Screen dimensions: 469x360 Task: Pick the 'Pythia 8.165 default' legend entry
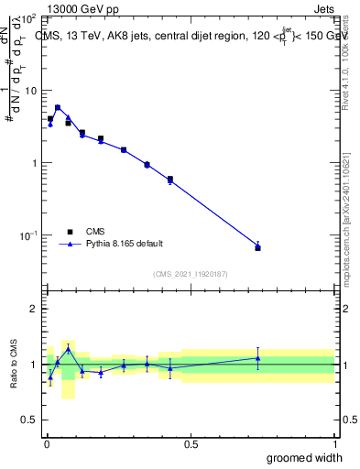[x=125, y=244]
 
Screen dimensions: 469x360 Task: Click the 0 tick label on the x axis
[x=47, y=443]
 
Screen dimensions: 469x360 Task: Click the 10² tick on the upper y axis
[x=29, y=18]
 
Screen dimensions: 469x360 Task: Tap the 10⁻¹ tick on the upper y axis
[x=29, y=235]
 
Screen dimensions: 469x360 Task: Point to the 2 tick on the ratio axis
[x=33, y=309]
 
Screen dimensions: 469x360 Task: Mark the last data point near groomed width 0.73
[x=257, y=247]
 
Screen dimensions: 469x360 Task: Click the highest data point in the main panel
[x=58, y=107]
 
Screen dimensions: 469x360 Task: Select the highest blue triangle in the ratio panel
[x=68, y=349]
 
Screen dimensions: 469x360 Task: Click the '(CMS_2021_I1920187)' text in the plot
[x=190, y=273]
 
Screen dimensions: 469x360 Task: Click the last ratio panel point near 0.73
[x=257, y=358]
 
